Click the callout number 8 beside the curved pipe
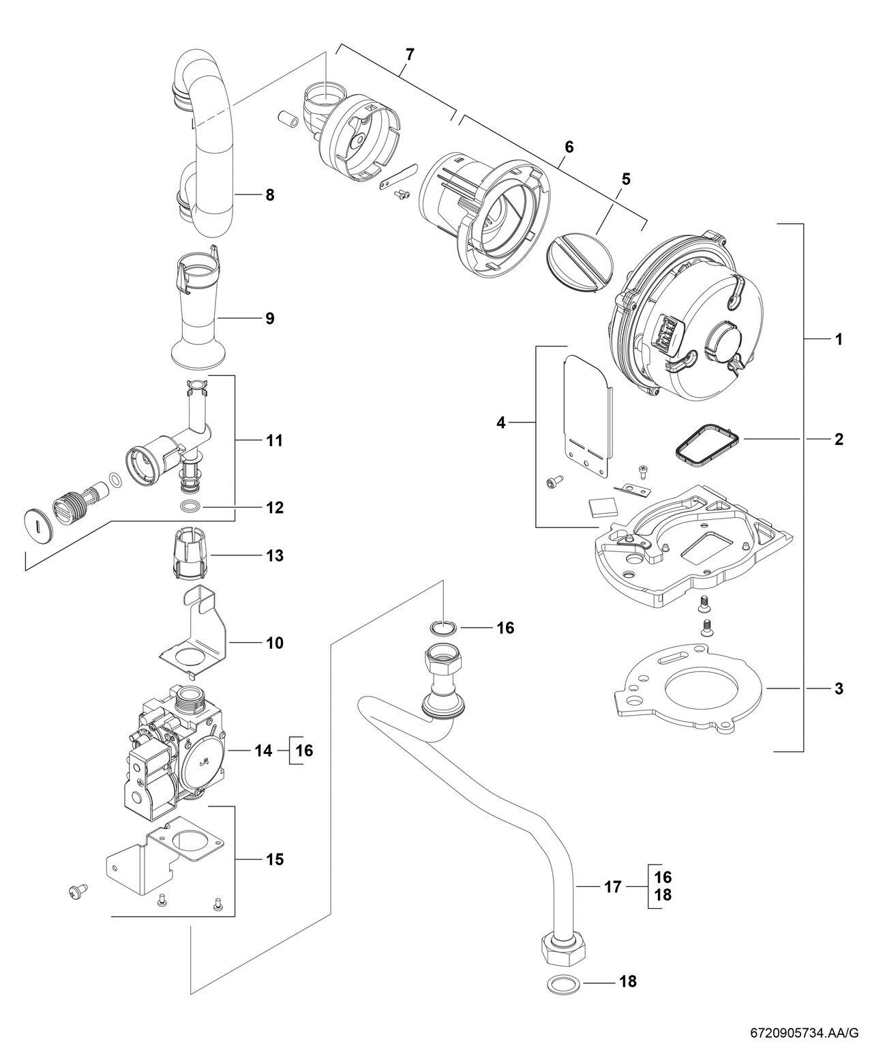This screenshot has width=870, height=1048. click(x=269, y=195)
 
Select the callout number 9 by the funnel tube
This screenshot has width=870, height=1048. click(x=269, y=318)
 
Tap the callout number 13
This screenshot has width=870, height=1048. click(x=274, y=555)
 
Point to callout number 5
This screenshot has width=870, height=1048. click(x=625, y=179)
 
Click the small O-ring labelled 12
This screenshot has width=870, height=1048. click(x=192, y=507)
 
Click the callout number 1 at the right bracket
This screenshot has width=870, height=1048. click(x=839, y=339)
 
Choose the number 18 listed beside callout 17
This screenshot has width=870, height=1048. click(x=662, y=896)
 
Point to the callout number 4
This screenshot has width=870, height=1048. click(x=501, y=423)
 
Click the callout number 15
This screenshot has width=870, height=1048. click(x=274, y=859)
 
